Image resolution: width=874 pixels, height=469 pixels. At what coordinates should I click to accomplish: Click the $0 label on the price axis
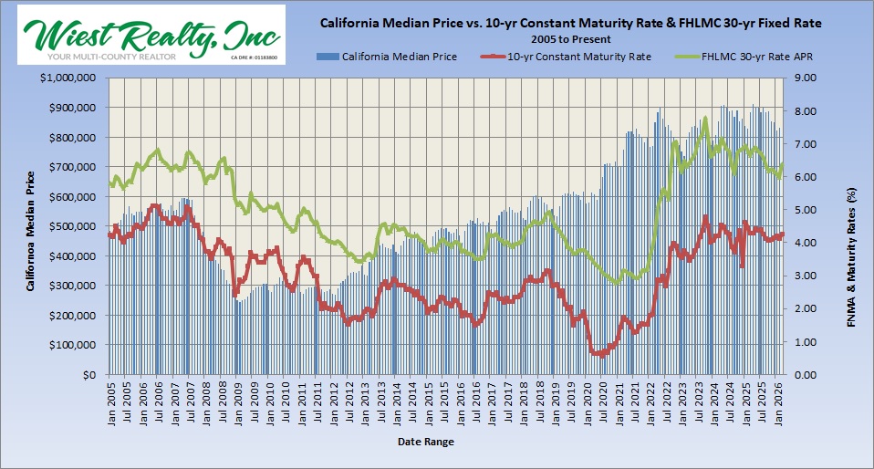click(89, 375)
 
